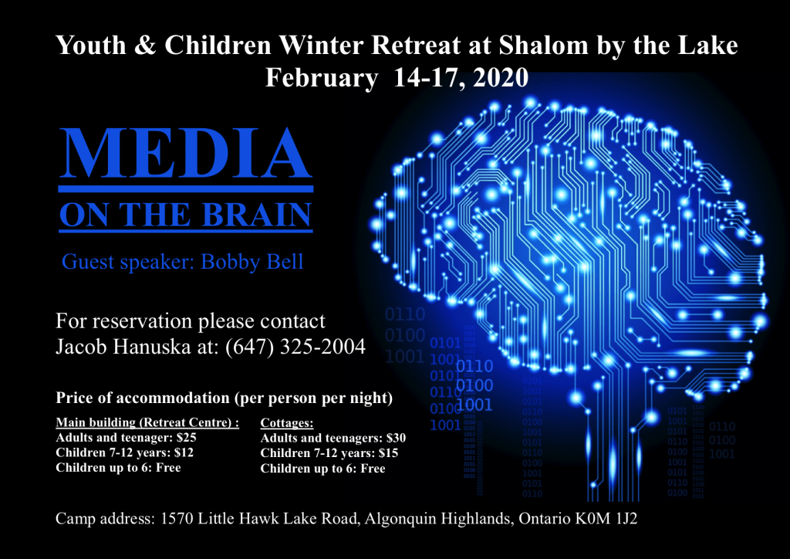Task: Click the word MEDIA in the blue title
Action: coord(186,154)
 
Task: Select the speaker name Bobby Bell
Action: coord(252,262)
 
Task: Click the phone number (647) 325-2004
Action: coord(295,347)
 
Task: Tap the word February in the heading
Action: coord(322,79)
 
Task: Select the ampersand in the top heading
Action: coord(145,46)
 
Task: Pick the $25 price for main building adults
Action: coord(187,438)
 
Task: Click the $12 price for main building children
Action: coord(184,452)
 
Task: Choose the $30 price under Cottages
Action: coord(396,438)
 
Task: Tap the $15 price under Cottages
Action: coord(388,453)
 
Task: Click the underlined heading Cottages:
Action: coord(287,423)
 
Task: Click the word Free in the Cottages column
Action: coord(373,468)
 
